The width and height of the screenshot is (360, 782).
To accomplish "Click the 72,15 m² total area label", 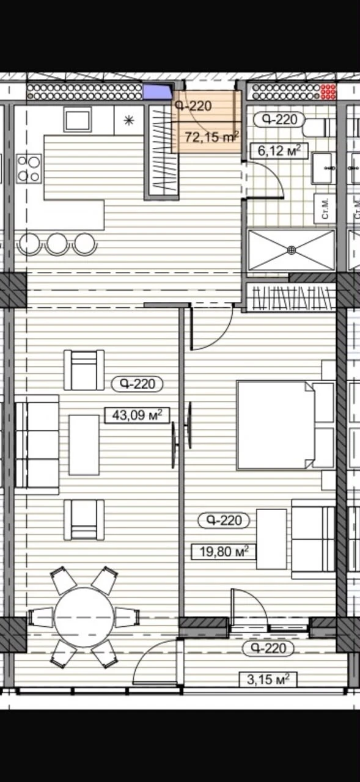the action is click(x=212, y=137).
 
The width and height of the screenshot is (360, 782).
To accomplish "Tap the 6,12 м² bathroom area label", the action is click(x=279, y=151).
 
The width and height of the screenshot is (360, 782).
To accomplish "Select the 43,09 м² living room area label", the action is click(x=138, y=415).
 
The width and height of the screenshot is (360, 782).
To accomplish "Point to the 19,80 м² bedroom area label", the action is click(x=224, y=552).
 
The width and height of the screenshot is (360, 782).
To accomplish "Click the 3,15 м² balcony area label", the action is click(x=268, y=679).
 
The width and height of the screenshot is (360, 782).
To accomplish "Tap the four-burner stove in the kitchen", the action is click(x=29, y=169).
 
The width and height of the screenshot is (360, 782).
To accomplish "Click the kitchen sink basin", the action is click(x=78, y=120).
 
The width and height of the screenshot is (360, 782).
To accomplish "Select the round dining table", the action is click(x=84, y=617).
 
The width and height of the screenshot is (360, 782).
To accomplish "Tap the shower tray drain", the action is click(x=292, y=250).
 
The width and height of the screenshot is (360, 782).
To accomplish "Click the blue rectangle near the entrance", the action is click(x=158, y=92).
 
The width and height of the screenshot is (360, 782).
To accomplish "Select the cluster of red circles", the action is click(x=328, y=92).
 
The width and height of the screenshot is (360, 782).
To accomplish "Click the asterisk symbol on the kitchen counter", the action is click(x=129, y=121).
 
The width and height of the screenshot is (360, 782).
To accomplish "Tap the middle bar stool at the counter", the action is click(x=57, y=243).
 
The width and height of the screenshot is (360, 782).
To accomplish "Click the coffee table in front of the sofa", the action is click(x=84, y=445).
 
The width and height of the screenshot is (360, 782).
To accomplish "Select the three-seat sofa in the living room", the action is click(x=37, y=444).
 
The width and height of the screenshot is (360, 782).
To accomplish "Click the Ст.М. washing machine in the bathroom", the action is click(x=325, y=209).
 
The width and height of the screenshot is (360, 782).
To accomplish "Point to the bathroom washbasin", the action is click(x=323, y=167).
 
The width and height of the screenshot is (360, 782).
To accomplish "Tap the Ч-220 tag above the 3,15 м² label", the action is click(x=268, y=648).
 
